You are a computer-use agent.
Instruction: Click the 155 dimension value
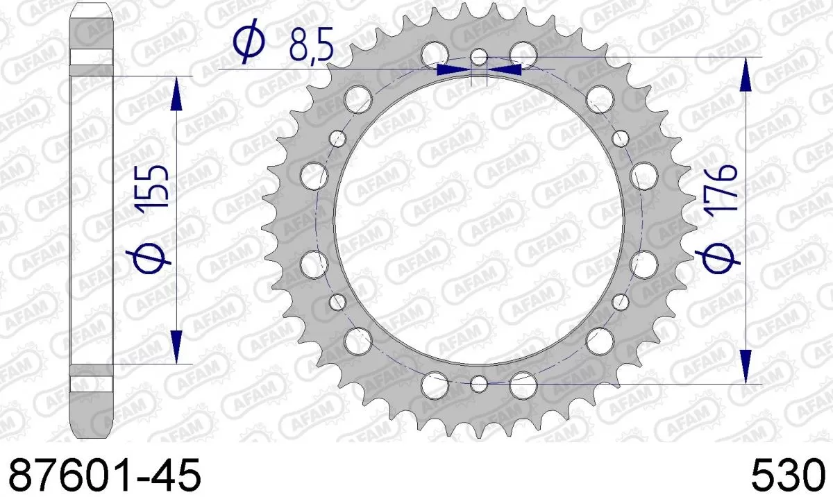click(155, 187)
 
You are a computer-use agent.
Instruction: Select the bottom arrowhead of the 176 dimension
click(746, 364)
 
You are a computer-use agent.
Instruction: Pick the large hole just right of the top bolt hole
click(523, 53)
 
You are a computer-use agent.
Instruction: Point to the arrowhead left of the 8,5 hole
click(450, 69)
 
